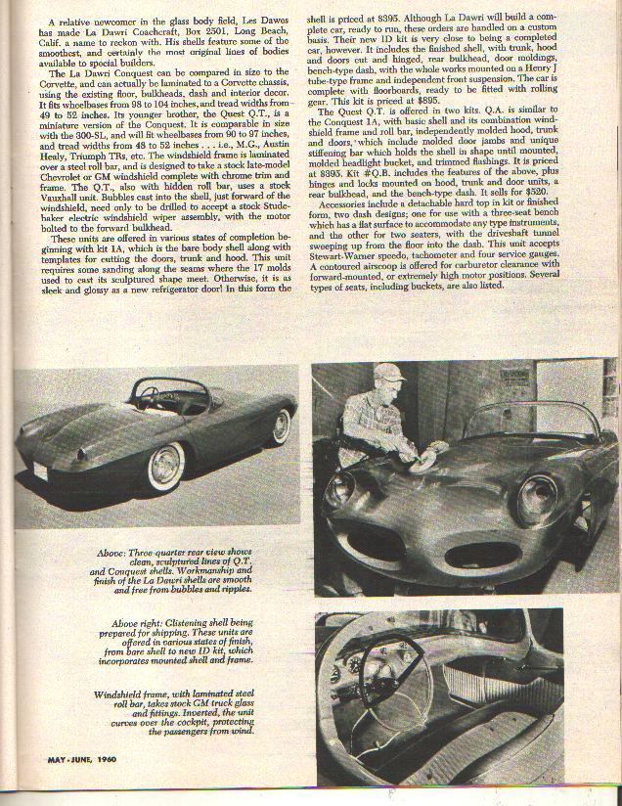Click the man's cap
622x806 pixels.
389,373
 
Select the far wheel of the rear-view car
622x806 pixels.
282,426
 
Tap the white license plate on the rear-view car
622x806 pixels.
39,470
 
